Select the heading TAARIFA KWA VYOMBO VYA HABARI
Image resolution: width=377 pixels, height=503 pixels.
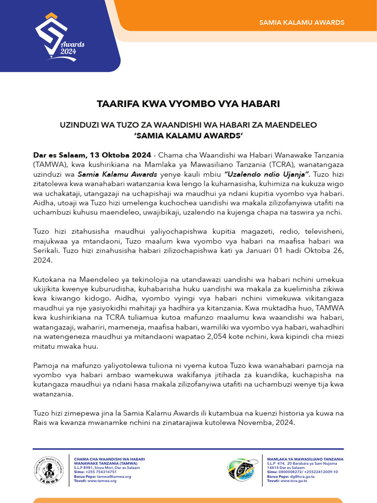point(188,104)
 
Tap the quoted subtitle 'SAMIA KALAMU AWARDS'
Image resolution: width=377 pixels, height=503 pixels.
point(188,135)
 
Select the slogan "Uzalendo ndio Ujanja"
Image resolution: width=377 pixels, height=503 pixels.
point(266,174)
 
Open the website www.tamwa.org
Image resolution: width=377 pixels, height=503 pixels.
point(102,481)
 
